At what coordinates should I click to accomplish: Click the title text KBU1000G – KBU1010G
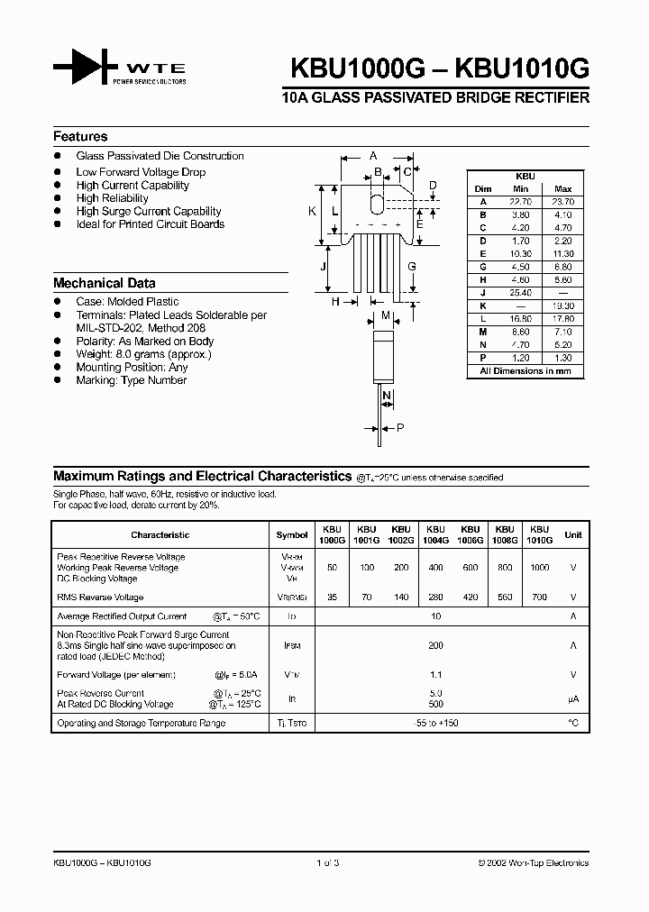(x=439, y=69)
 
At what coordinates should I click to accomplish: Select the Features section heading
(x=80, y=137)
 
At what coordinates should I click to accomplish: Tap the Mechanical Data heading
(x=104, y=283)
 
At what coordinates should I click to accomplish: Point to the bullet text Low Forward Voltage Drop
(x=141, y=172)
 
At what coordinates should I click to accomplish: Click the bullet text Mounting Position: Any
(x=132, y=368)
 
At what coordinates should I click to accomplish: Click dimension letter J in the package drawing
(x=323, y=268)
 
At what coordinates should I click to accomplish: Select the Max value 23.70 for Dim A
(x=562, y=203)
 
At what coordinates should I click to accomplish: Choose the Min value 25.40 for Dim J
(x=520, y=293)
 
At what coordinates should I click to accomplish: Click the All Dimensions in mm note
(x=526, y=370)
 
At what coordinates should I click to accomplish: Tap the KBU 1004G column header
(x=435, y=534)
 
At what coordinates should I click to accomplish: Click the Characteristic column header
(x=160, y=534)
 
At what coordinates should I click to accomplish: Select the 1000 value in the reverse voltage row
(x=539, y=569)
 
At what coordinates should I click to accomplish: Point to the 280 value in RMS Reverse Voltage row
(x=435, y=597)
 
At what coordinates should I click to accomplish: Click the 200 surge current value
(x=436, y=646)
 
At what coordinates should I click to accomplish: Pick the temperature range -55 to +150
(x=436, y=724)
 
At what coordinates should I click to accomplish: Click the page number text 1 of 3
(x=326, y=862)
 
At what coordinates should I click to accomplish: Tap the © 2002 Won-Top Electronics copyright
(x=533, y=862)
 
